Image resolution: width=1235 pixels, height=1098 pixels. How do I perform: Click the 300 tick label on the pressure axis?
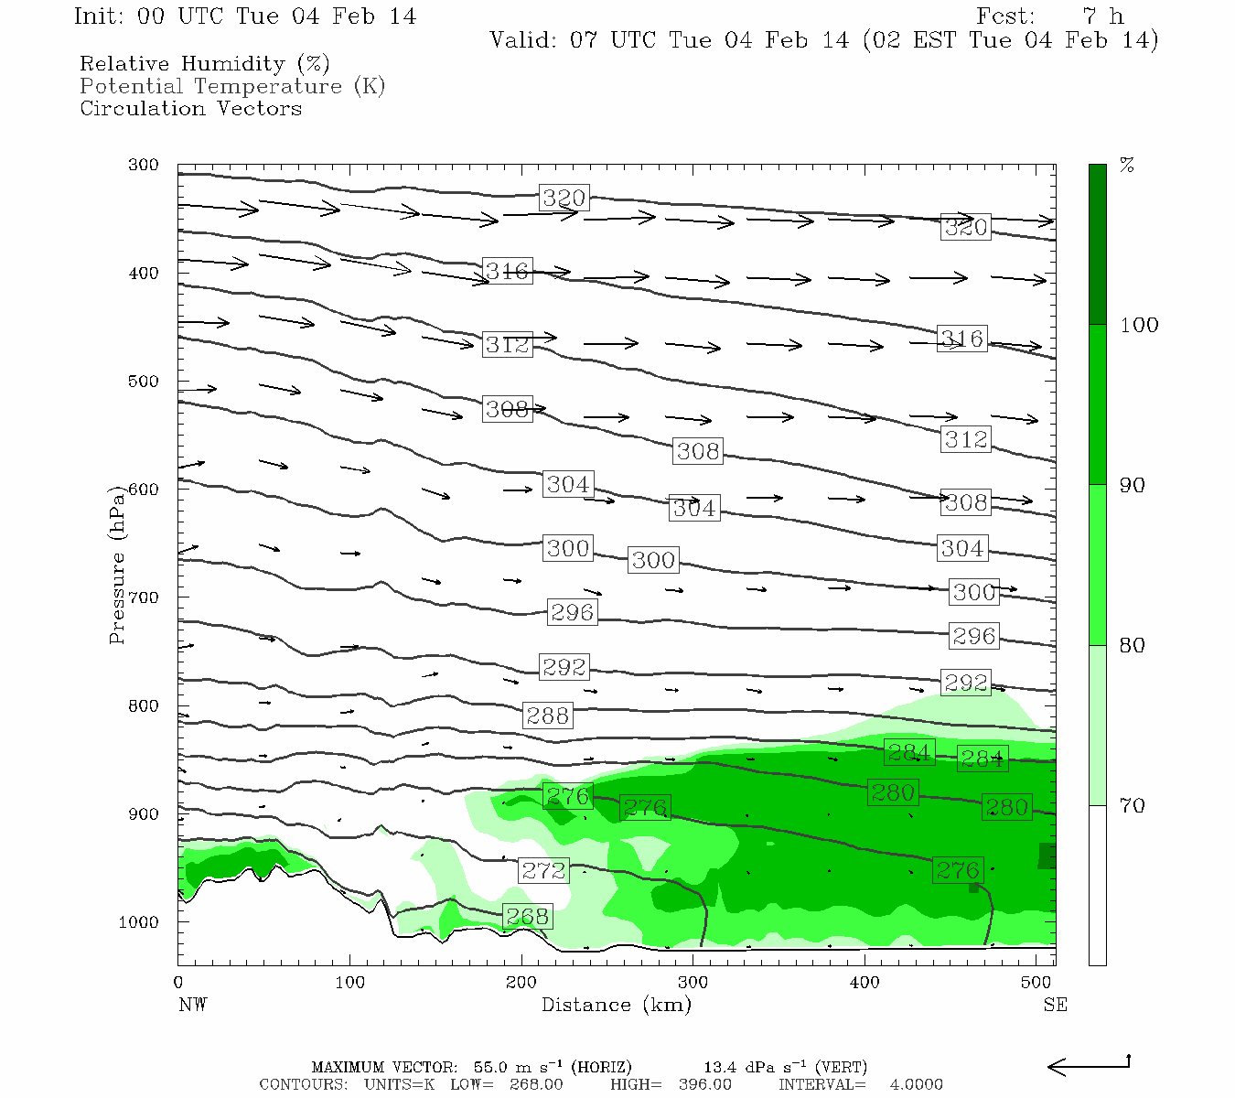144,165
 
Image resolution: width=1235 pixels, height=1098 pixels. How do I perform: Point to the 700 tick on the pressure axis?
144,597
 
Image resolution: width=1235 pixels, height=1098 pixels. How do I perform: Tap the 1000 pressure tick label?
139,922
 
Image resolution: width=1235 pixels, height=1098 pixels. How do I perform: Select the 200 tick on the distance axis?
521,983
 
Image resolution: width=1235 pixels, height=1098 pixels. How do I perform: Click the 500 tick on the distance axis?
1036,983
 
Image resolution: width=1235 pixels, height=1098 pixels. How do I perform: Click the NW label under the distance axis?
192,1005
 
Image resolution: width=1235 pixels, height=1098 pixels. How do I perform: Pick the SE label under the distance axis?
1055,1005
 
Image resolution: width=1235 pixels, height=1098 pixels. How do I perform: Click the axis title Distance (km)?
616,1005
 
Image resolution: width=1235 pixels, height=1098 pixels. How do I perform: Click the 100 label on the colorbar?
1139,325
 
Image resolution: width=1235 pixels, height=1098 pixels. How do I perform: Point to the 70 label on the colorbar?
1133,805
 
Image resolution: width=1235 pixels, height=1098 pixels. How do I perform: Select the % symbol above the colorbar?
1127,166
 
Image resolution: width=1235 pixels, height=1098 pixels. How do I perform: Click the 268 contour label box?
527,916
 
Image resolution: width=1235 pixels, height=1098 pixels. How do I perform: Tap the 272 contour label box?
543,870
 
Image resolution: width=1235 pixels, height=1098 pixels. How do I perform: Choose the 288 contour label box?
548,716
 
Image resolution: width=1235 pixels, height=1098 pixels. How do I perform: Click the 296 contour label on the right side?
973,636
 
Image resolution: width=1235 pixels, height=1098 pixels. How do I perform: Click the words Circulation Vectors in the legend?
190,108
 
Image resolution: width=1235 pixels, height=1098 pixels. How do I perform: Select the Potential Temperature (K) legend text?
232,86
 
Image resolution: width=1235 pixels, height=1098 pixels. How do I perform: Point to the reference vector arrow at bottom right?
1089,1065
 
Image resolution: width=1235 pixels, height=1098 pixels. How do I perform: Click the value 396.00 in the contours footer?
705,1084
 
